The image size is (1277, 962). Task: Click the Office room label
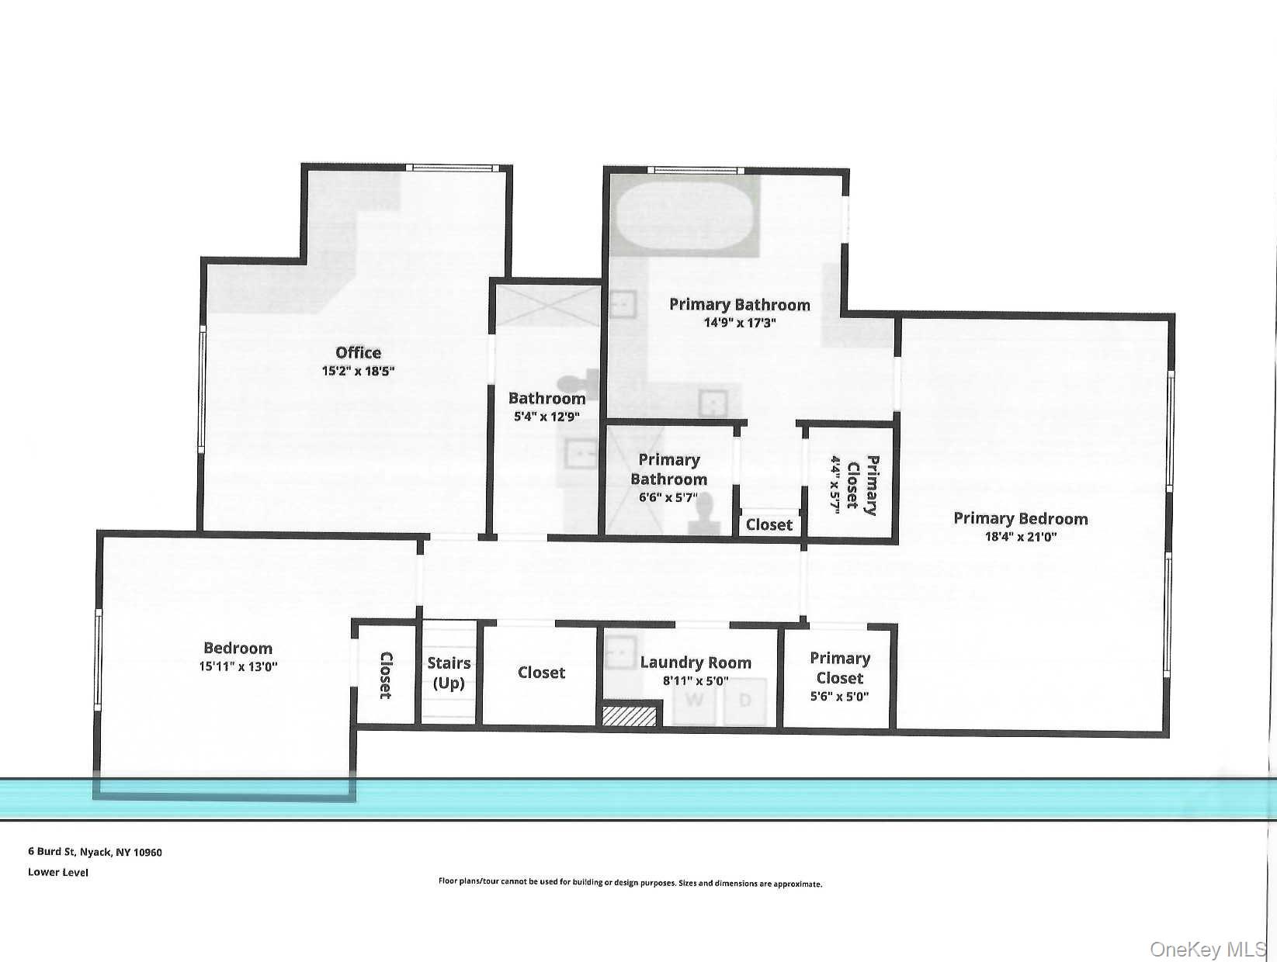tap(358, 353)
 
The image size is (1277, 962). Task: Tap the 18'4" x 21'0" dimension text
tap(1021, 537)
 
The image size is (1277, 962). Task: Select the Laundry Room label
tap(696, 663)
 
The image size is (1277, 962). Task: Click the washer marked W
tap(696, 701)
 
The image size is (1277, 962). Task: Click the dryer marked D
tap(745, 701)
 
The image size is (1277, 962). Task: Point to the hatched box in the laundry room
tap(630, 715)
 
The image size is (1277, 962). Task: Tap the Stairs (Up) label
tap(449, 673)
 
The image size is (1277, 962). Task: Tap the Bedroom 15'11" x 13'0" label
tap(238, 648)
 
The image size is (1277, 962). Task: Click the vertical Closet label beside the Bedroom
tap(385, 675)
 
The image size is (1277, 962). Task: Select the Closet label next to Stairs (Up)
tap(541, 673)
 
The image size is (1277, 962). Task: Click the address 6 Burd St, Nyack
tap(95, 852)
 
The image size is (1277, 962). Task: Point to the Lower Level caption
tap(58, 872)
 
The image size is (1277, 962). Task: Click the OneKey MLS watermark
tap(1208, 949)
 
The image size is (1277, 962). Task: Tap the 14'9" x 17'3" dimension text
tap(740, 323)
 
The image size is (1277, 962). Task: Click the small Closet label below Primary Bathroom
tap(769, 525)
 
